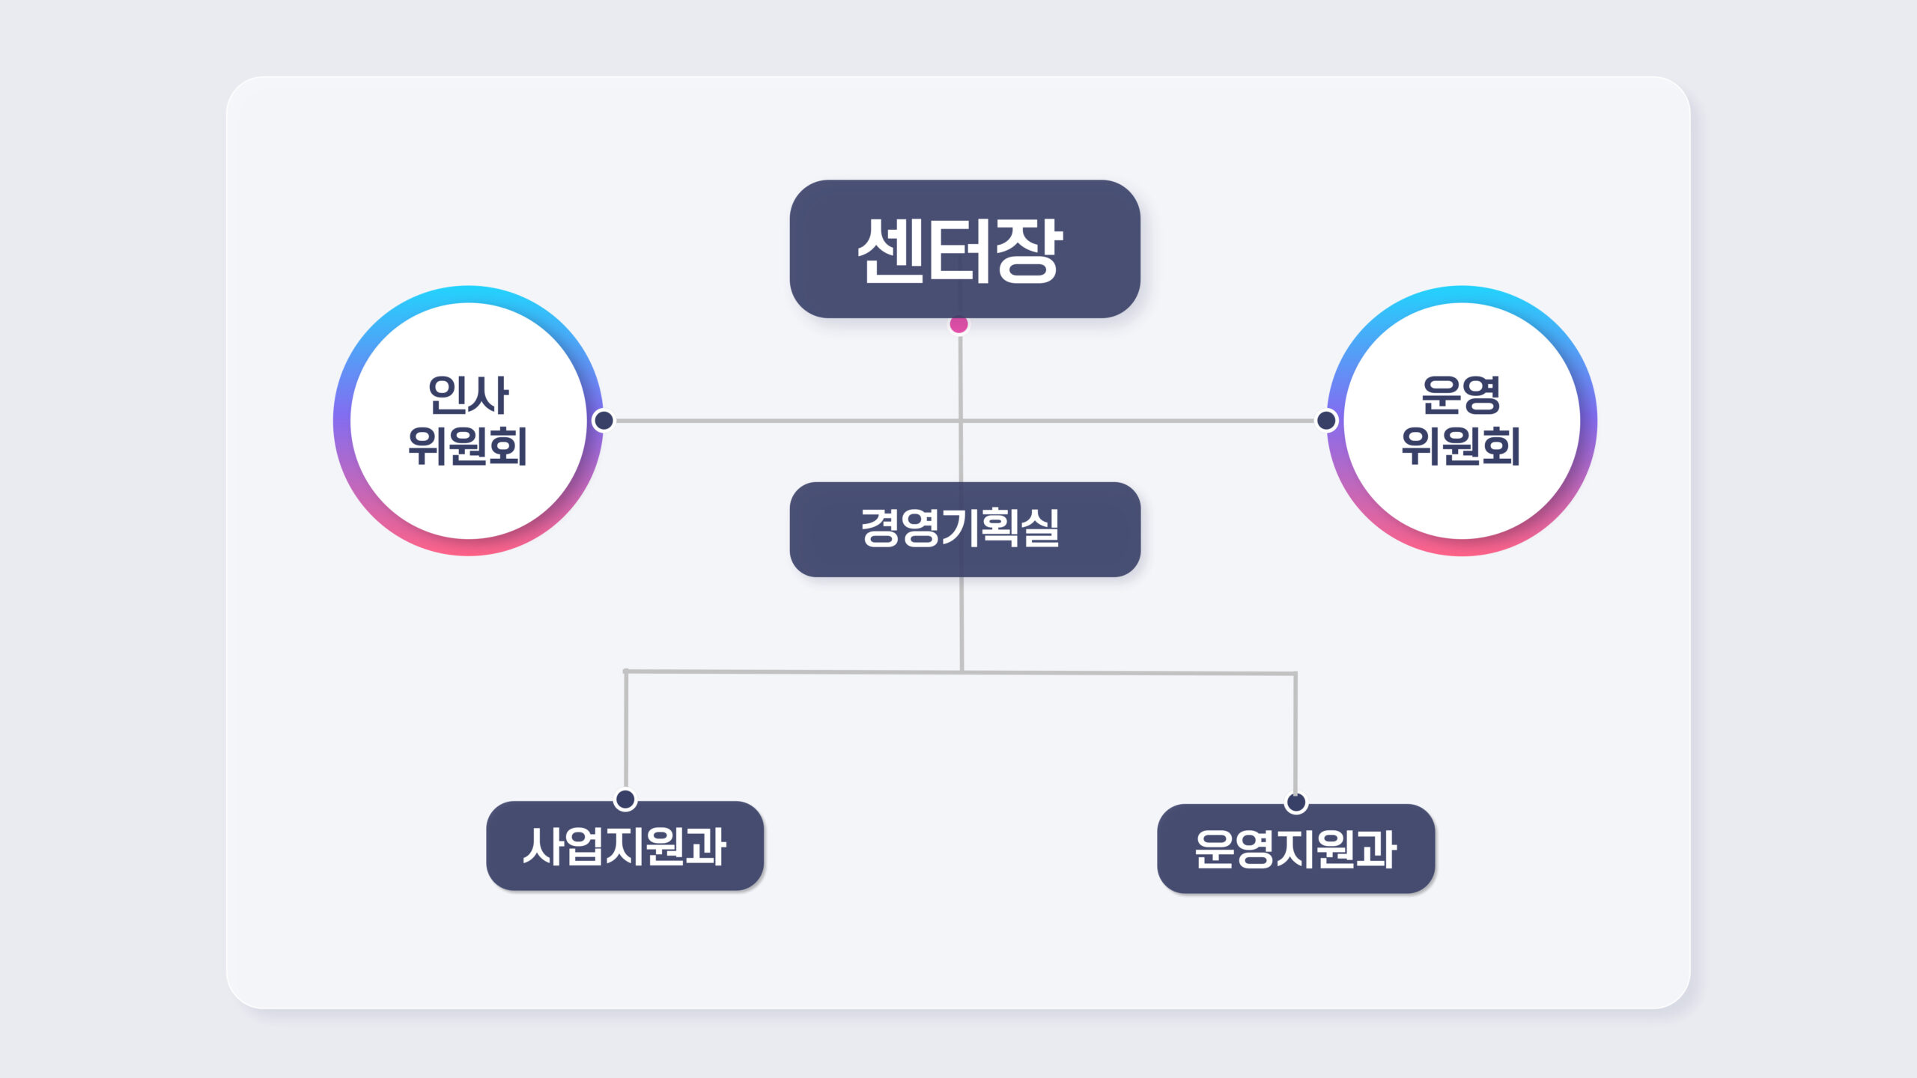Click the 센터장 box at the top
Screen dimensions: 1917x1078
pyautogui.click(x=964, y=249)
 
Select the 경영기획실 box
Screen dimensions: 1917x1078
pyautogui.click(x=964, y=529)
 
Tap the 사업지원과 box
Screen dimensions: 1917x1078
pyautogui.click(x=625, y=846)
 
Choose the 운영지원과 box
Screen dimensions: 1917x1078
pyautogui.click(x=1295, y=849)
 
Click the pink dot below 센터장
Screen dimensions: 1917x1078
pyautogui.click(x=958, y=324)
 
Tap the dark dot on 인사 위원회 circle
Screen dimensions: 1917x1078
pyautogui.click(x=604, y=421)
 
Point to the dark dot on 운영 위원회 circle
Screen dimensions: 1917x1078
pyautogui.click(x=1326, y=421)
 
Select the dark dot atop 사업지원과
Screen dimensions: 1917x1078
pyautogui.click(x=625, y=800)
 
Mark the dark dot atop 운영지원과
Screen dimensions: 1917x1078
pyautogui.click(x=1296, y=803)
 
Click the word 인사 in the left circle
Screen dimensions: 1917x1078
pyautogui.click(x=468, y=395)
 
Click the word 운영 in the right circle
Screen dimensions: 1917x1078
pyautogui.click(x=1461, y=395)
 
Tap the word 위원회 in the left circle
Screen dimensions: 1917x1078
pyautogui.click(x=468, y=446)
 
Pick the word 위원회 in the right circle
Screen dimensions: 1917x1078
pyautogui.click(x=1461, y=446)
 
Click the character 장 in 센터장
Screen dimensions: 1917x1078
pyautogui.click(x=1030, y=251)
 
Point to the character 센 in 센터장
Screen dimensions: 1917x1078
pyautogui.click(x=891, y=251)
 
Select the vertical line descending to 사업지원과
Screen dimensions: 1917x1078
pyautogui.click(x=626, y=729)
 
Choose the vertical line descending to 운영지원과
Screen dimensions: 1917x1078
pyautogui.click(x=1295, y=733)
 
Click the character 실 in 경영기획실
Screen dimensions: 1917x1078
pyautogui.click(x=1041, y=528)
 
